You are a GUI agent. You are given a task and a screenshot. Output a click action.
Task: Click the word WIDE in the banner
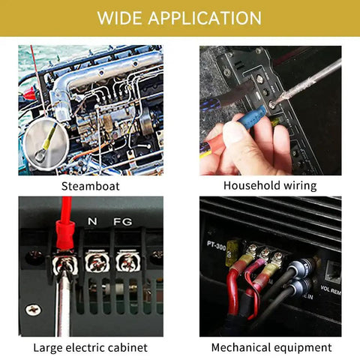tap(120, 18)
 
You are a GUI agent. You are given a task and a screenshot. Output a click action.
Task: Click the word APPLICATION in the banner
tap(205, 18)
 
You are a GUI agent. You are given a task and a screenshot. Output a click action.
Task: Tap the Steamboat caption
tap(91, 186)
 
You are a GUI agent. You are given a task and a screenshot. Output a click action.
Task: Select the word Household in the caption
tap(251, 185)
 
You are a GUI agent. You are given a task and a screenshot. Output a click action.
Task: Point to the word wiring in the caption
tap(300, 186)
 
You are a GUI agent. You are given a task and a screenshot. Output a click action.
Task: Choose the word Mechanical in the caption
tap(241, 347)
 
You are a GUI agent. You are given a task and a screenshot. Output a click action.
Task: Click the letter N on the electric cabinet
tap(92, 221)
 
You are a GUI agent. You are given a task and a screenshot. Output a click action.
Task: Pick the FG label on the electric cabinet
tap(123, 221)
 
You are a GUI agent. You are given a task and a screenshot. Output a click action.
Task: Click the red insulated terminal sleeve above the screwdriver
tap(65, 234)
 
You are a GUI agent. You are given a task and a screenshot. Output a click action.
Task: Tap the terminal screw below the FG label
tap(128, 262)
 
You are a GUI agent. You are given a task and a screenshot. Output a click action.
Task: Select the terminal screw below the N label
tap(97, 262)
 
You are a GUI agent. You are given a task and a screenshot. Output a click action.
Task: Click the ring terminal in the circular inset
tap(43, 148)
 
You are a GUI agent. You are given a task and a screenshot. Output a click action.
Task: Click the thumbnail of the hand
tap(233, 133)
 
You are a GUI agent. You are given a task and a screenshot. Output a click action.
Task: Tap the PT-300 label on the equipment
tap(217, 245)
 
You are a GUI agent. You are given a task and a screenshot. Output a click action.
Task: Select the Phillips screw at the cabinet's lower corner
tap(33, 310)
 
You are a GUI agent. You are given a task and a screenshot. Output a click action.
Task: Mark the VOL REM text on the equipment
tap(331, 289)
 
